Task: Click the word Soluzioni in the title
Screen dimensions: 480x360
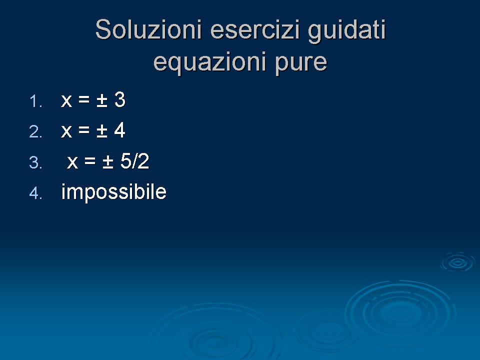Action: (148, 29)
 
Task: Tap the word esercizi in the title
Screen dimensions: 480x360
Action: (254, 29)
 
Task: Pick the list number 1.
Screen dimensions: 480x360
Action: (35, 101)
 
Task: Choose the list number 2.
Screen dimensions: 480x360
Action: (35, 132)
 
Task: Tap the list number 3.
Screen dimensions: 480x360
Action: (35, 162)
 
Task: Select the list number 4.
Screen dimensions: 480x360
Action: (35, 193)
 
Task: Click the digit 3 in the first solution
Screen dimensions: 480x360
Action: (120, 99)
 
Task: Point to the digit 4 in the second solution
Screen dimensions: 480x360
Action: (119, 130)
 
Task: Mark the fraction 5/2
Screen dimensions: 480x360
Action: (134, 161)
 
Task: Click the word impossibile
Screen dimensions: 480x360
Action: (114, 192)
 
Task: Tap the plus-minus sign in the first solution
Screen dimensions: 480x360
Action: (102, 100)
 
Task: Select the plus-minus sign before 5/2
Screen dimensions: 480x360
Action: (108, 162)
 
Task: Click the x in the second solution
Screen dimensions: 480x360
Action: (66, 131)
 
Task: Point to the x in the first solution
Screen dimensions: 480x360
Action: (66, 101)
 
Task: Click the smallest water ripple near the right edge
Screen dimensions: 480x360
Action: (457, 262)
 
